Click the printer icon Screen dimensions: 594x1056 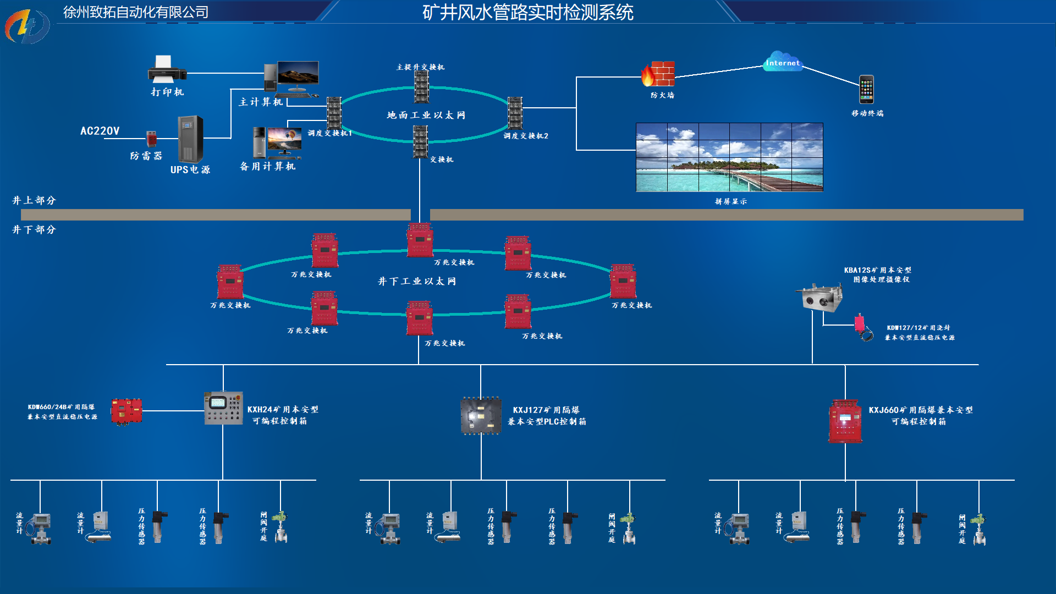click(x=167, y=69)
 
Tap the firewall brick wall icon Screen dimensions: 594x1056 click(x=658, y=74)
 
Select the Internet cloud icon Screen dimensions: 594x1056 click(x=783, y=62)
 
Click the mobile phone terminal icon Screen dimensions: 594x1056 click(x=866, y=89)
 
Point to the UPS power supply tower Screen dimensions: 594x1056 click(x=190, y=139)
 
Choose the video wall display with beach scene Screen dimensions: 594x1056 click(x=729, y=157)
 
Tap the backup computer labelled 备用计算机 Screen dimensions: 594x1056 click(x=277, y=142)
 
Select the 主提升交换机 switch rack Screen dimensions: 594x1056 click(x=421, y=87)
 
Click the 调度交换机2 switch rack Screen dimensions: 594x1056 click(x=515, y=113)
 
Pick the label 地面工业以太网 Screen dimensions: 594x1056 click(x=426, y=116)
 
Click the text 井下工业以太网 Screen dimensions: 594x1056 click(x=416, y=282)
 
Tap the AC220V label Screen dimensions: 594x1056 click(x=100, y=131)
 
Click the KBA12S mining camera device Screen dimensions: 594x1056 click(x=820, y=298)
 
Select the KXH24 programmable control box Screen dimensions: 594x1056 click(x=223, y=408)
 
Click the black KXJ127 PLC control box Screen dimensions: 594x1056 click(x=481, y=416)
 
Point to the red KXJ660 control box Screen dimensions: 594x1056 click(x=845, y=421)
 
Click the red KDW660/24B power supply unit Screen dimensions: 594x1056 click(x=127, y=411)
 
